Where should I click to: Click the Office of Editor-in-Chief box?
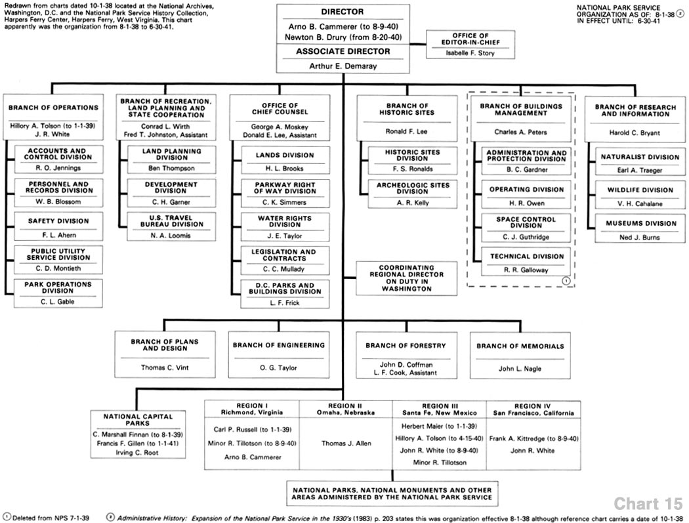coord(470,45)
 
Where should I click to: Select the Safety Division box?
coord(58,227)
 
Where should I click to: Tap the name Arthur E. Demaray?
coord(343,66)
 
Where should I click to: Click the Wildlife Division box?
coord(640,196)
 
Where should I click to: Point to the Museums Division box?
coord(640,229)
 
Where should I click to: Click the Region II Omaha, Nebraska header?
coord(345,409)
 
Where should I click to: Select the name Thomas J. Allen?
coord(346,444)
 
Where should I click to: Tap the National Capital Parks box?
coord(138,434)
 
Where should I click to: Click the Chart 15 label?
coord(648,504)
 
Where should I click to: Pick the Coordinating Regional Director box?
coord(406,278)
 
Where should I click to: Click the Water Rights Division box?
coord(285,227)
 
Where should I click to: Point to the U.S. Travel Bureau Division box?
coord(171,227)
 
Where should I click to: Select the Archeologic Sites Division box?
coord(412,194)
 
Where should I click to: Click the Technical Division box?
coord(526,262)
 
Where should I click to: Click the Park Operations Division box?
coord(58,293)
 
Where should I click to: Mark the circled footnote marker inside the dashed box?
coord(566,280)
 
